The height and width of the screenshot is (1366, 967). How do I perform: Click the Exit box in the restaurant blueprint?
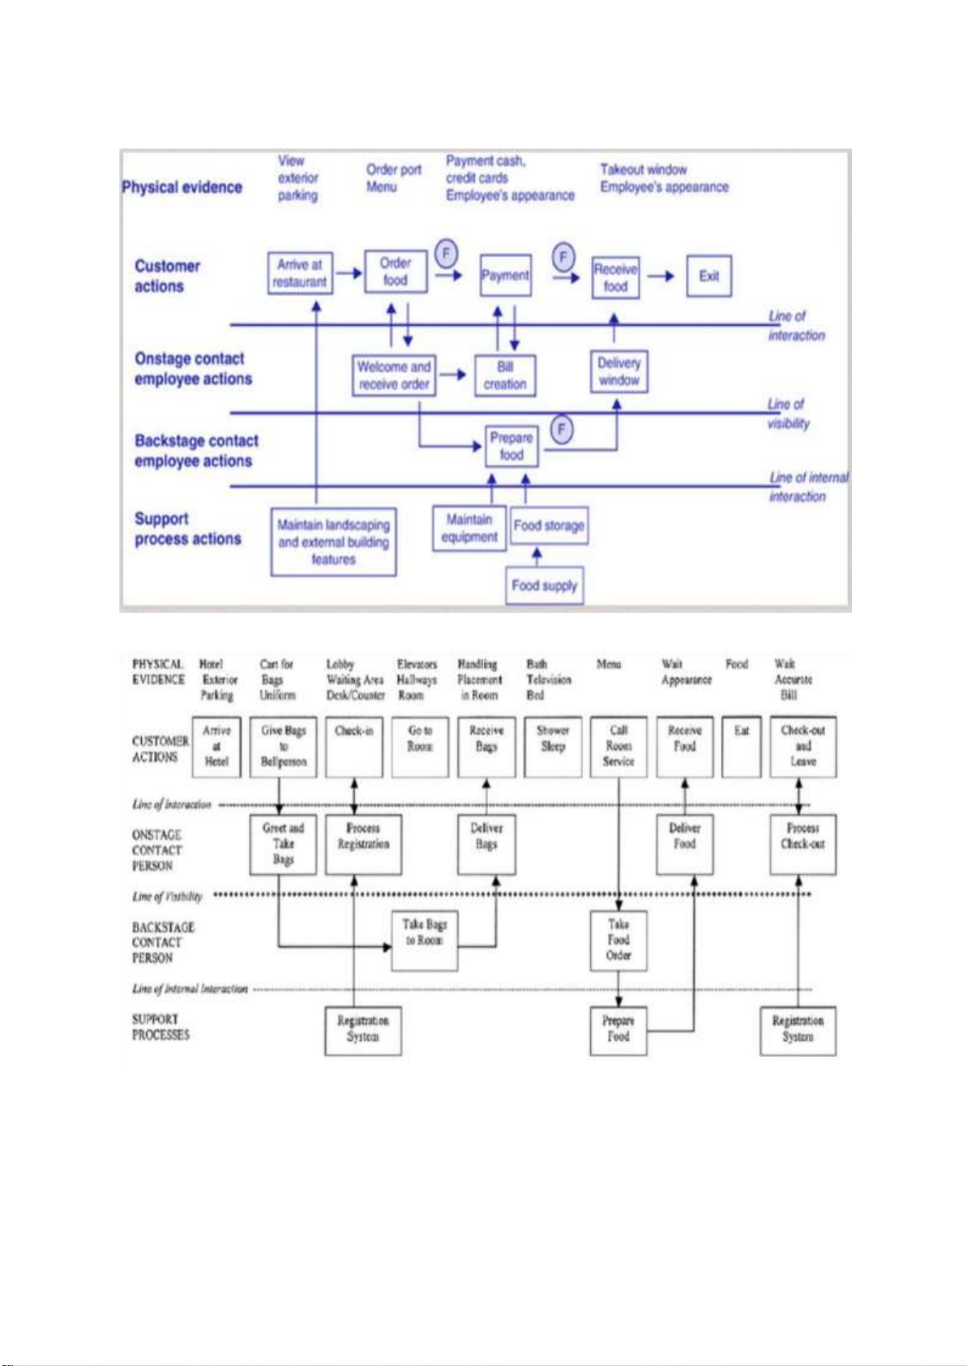click(708, 276)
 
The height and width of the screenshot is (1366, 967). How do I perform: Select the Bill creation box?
click(505, 375)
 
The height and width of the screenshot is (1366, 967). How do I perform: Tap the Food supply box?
click(545, 585)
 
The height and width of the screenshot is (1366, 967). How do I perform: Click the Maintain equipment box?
click(469, 529)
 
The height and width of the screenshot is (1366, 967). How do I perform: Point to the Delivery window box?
click(618, 371)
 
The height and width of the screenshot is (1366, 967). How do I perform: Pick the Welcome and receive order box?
click(394, 375)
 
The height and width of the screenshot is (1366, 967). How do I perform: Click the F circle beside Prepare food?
click(562, 429)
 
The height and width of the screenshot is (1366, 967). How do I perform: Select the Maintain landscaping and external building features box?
click(333, 542)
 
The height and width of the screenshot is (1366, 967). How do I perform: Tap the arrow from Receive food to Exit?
click(661, 276)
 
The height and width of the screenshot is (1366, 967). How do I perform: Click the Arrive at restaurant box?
click(299, 273)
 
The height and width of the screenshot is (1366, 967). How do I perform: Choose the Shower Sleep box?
click(553, 747)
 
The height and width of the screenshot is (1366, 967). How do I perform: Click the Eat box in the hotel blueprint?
click(742, 747)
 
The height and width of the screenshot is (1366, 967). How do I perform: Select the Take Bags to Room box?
click(424, 940)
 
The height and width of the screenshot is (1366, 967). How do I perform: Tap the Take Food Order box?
click(618, 940)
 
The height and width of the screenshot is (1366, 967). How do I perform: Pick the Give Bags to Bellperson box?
click(283, 747)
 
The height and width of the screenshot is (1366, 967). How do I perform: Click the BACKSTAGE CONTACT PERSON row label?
click(163, 942)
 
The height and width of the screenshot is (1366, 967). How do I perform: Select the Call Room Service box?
click(618, 747)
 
